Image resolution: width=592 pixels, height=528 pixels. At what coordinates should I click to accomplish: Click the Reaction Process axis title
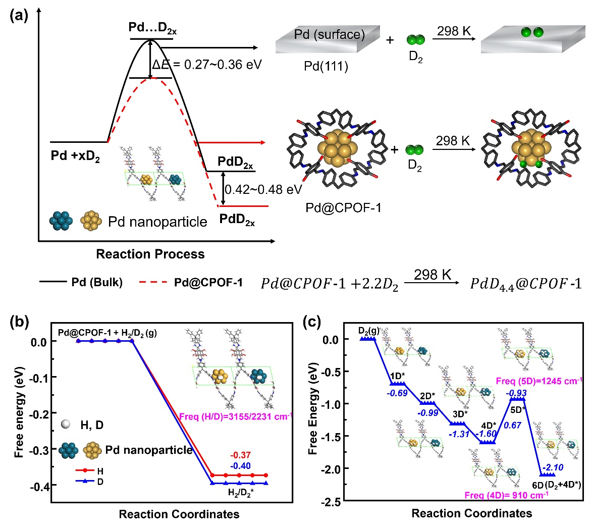pos(150,254)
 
